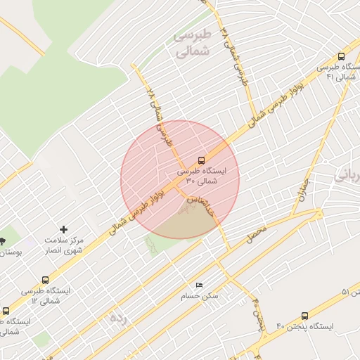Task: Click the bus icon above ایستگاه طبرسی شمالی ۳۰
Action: [202, 160]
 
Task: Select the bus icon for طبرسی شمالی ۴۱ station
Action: [341, 56]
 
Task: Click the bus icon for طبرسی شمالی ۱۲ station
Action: [46, 280]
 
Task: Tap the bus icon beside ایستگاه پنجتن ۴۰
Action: [304, 316]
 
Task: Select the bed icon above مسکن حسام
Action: [199, 285]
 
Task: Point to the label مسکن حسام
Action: [200, 296]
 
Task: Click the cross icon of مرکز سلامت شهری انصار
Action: [64, 230]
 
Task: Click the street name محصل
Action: [257, 233]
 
